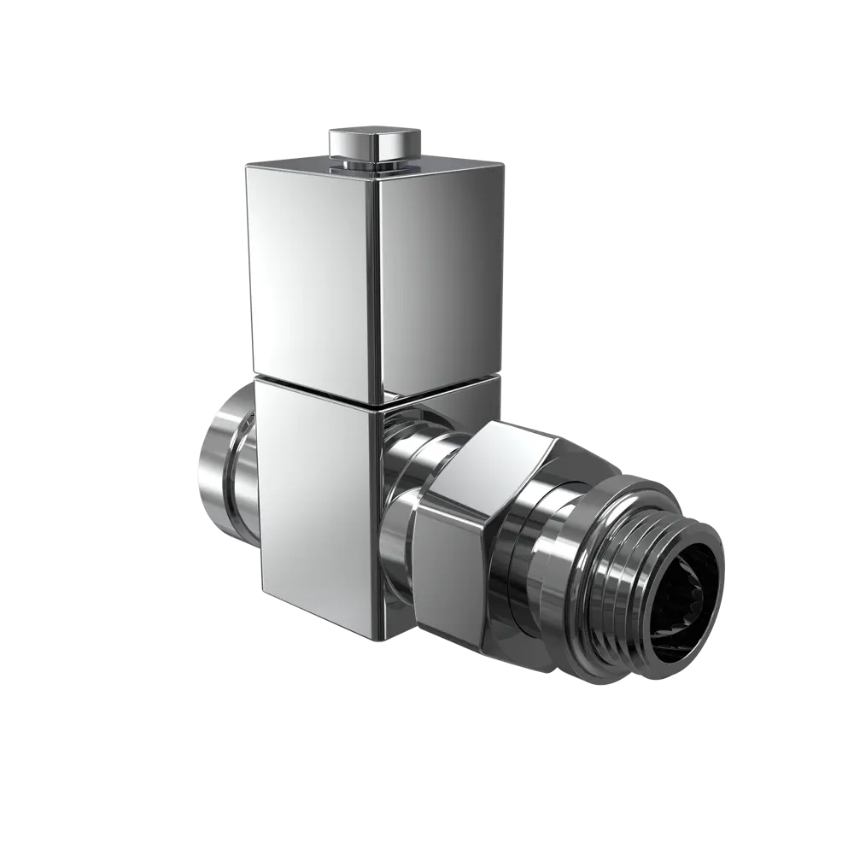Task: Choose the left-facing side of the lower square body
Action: (316, 504)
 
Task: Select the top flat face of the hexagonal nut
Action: (504, 453)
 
